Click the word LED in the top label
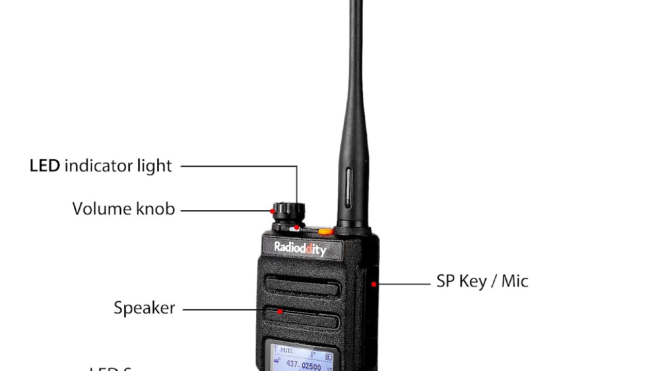click(44, 166)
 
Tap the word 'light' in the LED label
click(154, 166)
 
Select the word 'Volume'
click(101, 209)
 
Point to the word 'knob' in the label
click(155, 209)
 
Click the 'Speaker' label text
click(144, 308)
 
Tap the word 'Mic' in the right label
click(515, 281)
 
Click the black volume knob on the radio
click(289, 210)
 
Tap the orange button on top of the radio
click(325, 231)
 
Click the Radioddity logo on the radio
click(300, 248)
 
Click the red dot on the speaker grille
click(280, 311)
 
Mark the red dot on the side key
click(373, 284)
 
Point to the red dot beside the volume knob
click(273, 211)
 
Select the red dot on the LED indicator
click(297, 227)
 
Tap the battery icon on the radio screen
click(328, 357)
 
